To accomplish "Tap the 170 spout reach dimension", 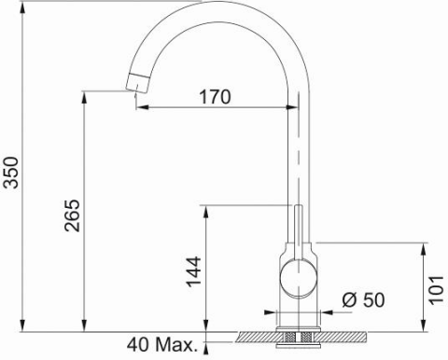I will tap(216, 96).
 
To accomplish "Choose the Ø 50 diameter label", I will tap(363, 300).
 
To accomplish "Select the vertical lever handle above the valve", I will tap(298, 228).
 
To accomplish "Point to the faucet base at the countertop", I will tap(298, 320).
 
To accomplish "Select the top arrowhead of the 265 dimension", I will tap(86, 96).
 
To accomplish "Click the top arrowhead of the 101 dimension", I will tap(425, 247).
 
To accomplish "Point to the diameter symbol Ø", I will tap(346, 300).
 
